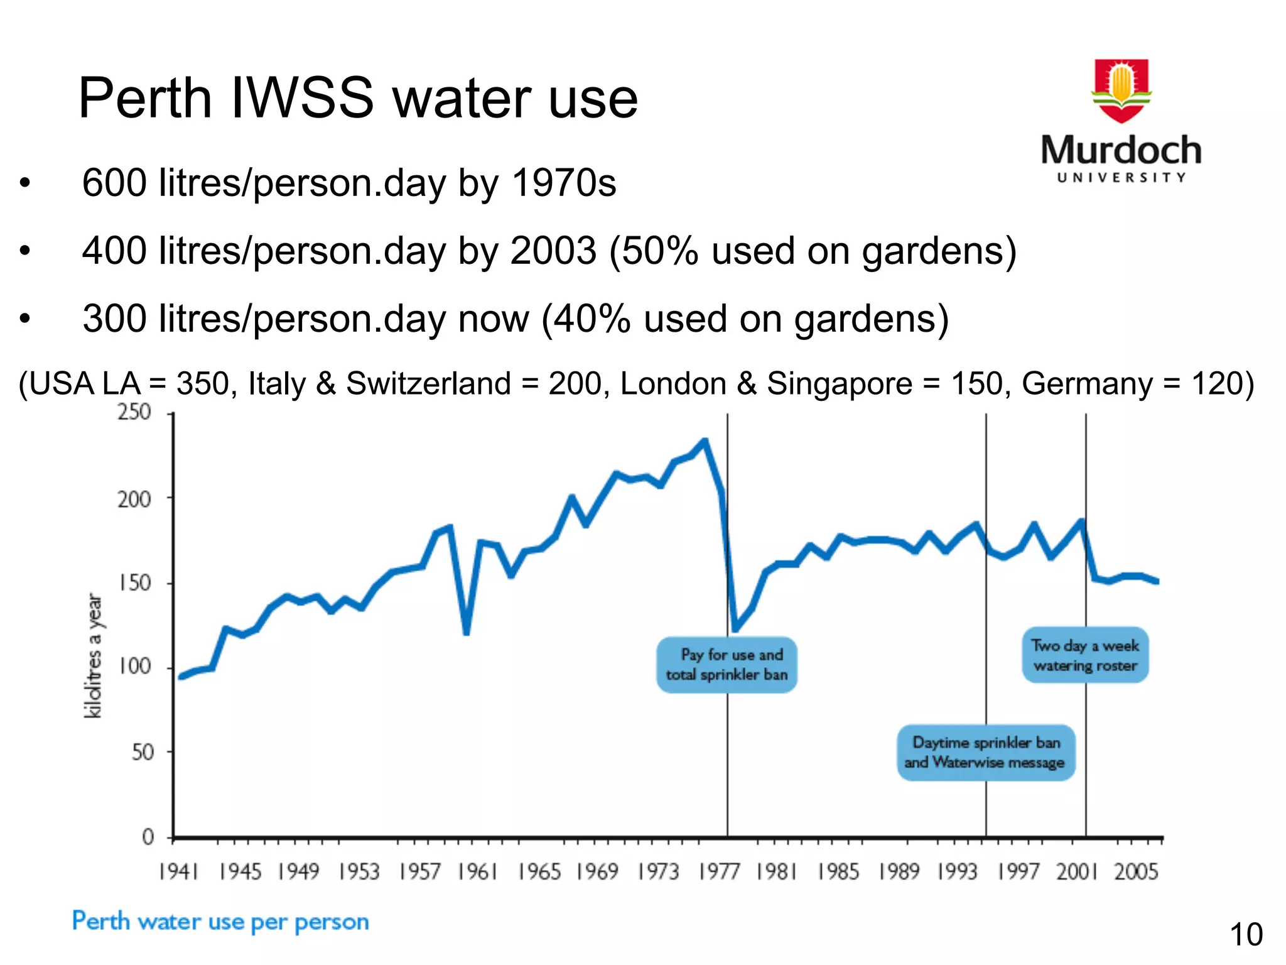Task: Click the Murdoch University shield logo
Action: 1121,90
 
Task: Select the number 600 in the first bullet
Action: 114,183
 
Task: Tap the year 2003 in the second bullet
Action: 553,251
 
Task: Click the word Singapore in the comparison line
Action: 840,383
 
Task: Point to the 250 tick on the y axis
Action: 134,413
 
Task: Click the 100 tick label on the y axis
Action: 134,667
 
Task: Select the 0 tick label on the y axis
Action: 148,837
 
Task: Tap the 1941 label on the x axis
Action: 178,872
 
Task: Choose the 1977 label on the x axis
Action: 718,872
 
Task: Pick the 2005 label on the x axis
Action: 1136,872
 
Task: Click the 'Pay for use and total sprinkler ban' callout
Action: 727,665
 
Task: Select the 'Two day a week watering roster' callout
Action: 1085,655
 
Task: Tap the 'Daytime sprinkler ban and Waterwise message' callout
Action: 985,753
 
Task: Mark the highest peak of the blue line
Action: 705,441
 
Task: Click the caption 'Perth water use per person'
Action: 220,922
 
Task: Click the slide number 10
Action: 1246,935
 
